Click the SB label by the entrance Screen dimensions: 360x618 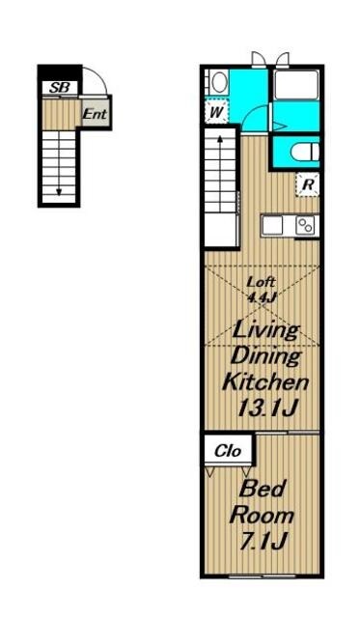60,88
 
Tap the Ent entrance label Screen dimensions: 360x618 95,114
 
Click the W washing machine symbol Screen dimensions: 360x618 216,112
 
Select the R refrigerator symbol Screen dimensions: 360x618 308,184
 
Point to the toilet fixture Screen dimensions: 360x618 305,153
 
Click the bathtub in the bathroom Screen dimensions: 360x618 296,85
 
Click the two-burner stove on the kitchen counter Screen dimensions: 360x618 306,226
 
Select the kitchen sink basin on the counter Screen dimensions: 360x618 272,226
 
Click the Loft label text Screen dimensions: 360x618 261,282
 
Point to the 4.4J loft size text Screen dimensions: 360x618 261,296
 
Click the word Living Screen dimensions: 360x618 265,330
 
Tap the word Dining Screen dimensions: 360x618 265,356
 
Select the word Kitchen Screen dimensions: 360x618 265,382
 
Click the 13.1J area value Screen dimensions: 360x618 265,407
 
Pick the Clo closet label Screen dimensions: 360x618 228,451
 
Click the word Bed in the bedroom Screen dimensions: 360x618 262,489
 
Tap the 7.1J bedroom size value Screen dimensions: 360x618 263,541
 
